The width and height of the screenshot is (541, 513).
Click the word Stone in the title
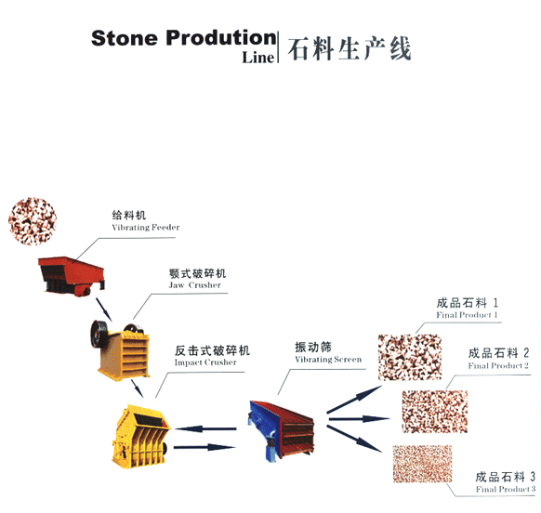coord(125,38)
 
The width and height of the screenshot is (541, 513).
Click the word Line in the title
coord(257,58)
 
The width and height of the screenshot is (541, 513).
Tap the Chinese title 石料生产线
coord(350,48)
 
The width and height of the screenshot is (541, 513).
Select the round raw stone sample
coord(33,221)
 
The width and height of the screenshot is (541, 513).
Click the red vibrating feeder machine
coord(71,276)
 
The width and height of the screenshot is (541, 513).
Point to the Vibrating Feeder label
coord(146,228)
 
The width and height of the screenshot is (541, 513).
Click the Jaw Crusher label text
coord(194,285)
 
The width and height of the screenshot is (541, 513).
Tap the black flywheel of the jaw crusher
coord(99,335)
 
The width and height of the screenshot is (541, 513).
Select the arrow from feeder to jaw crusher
coord(103,309)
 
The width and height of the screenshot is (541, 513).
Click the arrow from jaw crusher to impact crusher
coord(137,388)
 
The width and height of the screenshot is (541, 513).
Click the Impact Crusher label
coord(205,362)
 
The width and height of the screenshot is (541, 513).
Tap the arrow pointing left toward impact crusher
coord(205,428)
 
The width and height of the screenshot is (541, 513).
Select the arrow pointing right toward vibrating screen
coord(205,447)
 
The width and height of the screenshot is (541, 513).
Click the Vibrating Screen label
coord(328,360)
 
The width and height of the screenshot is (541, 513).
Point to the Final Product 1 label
coord(467,315)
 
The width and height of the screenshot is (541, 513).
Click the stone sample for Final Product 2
coord(435,411)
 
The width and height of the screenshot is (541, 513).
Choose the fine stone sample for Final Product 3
coord(422,464)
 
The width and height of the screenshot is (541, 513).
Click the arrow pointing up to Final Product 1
coord(354,399)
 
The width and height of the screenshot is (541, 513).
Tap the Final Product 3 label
coord(506,489)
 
